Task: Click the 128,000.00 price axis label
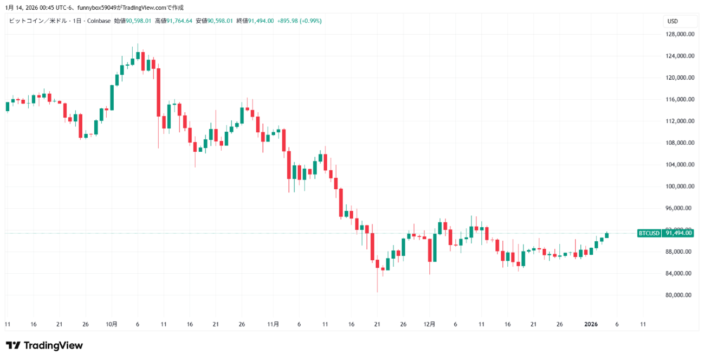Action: click(681, 34)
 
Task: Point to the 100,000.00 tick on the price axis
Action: click(681, 187)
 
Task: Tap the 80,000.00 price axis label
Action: click(680, 295)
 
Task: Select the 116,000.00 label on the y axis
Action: click(681, 100)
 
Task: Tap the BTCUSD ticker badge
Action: click(649, 233)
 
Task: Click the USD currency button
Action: click(673, 21)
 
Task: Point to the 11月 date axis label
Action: click(273, 324)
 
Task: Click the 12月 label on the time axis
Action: click(429, 324)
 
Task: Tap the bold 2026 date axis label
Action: click(591, 324)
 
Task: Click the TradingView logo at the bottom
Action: click(44, 345)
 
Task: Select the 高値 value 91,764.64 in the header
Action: click(180, 21)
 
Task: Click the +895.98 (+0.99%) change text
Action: click(299, 21)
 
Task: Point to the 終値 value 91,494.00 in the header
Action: click(261, 21)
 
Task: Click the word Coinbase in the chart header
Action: click(99, 21)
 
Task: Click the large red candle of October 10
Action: click(158, 92)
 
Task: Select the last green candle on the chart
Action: click(607, 235)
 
